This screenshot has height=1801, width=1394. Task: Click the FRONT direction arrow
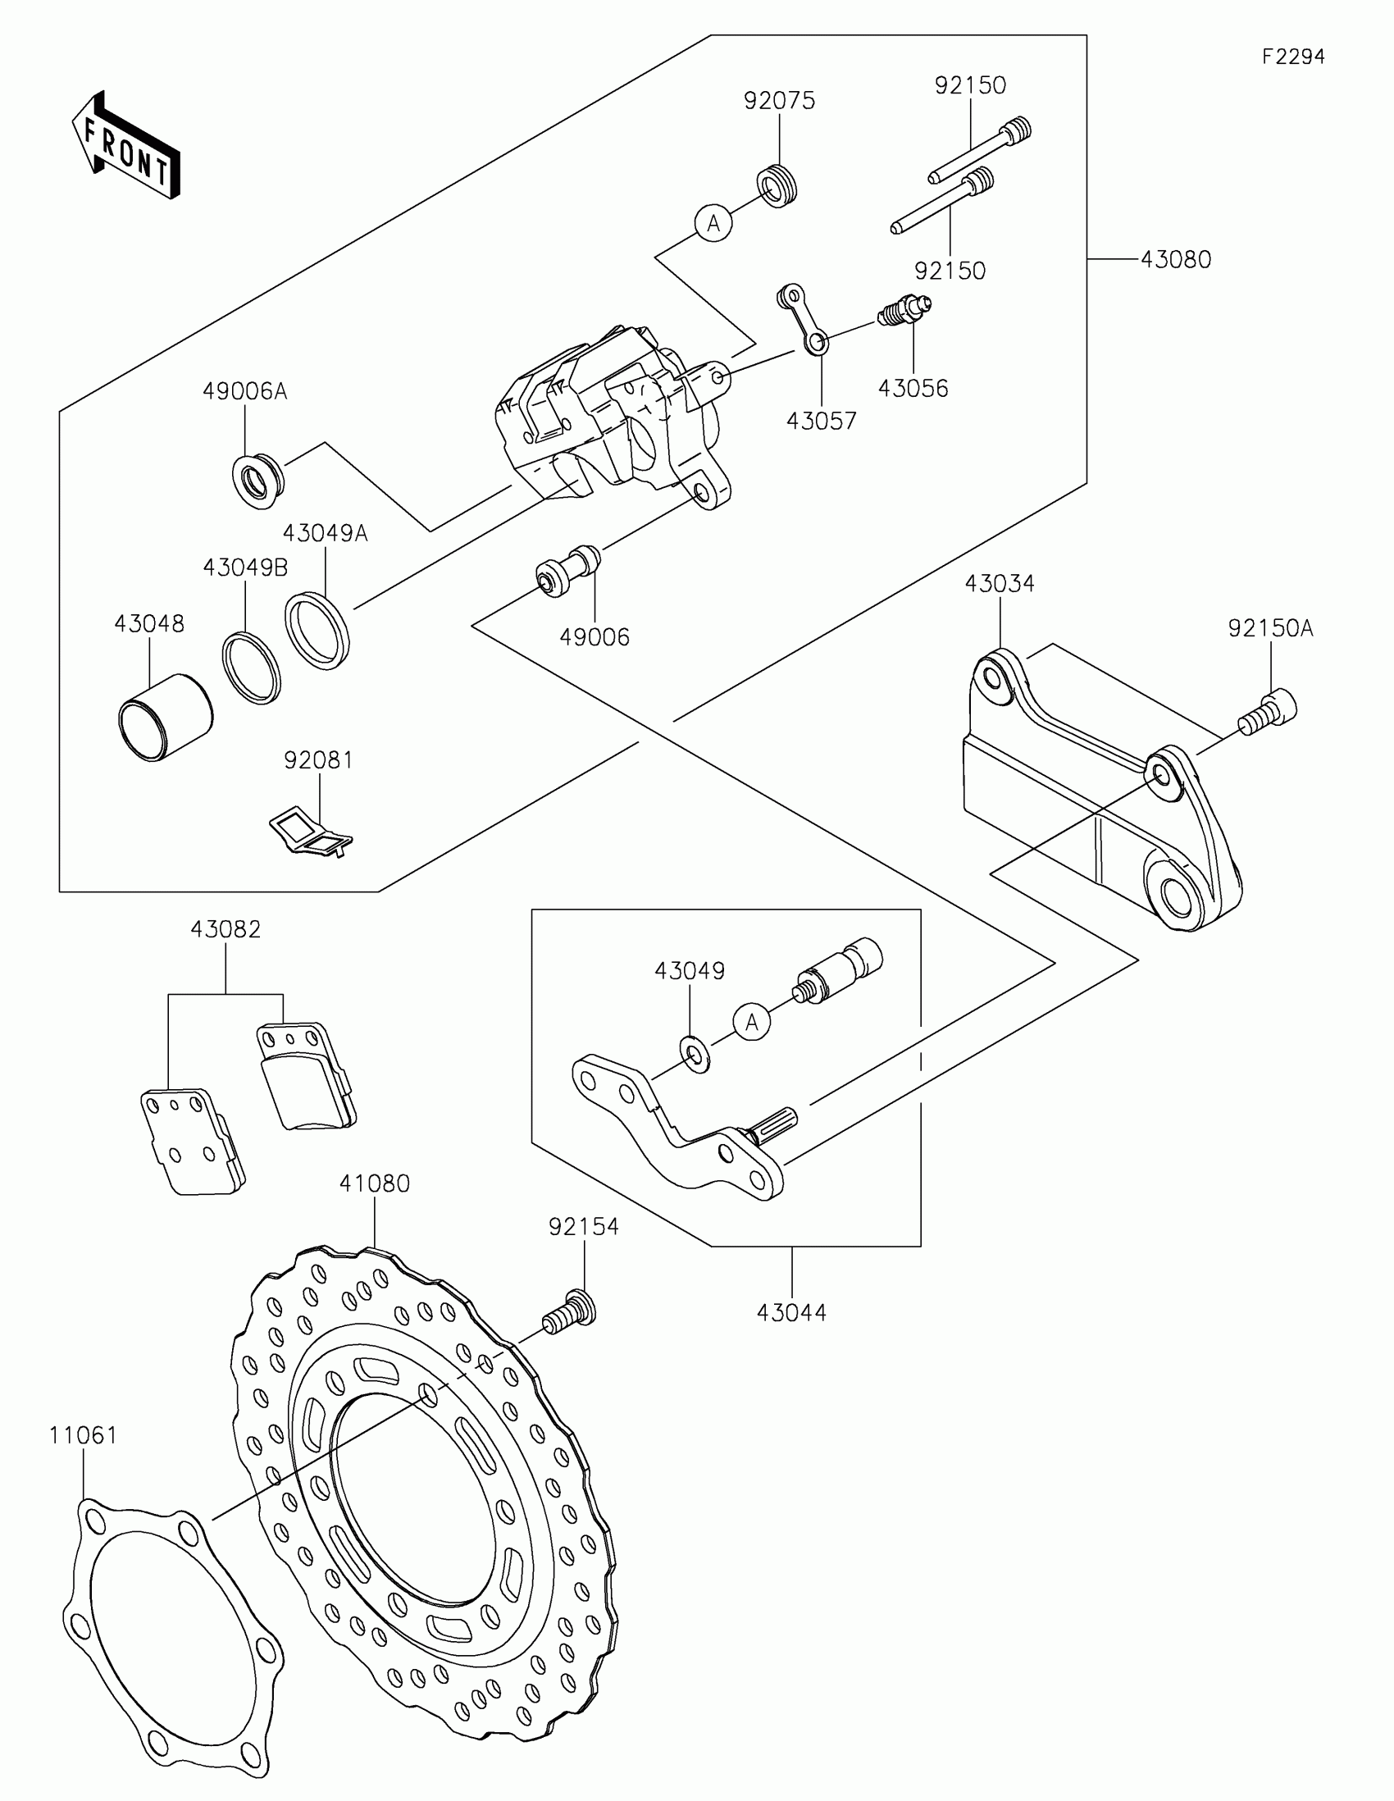[x=126, y=146]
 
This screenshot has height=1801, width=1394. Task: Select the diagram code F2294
[x=1292, y=57]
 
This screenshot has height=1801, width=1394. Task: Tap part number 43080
[x=1176, y=260]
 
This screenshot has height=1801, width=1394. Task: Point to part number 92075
[x=779, y=101]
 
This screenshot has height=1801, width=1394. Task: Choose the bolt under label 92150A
[x=1268, y=714]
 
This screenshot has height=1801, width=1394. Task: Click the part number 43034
[x=999, y=584]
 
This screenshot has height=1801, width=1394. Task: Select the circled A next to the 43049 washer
[x=751, y=1024]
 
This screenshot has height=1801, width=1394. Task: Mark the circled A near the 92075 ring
[x=714, y=223]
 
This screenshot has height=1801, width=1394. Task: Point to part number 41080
[x=374, y=1183]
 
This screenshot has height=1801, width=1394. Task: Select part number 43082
[x=225, y=929]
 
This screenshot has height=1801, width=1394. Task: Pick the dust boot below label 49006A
[x=258, y=478]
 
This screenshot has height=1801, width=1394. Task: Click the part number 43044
[x=791, y=1312]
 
